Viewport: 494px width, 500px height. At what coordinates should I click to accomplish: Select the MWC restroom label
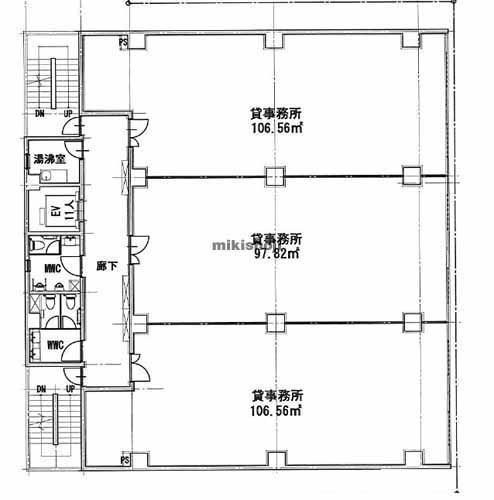(54, 267)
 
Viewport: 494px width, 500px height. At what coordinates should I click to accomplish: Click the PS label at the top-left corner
(123, 42)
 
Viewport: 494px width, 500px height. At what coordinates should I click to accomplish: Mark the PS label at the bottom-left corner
(123, 461)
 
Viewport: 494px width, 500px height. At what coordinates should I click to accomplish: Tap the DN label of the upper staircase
(40, 114)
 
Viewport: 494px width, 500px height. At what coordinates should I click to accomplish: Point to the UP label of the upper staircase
(69, 114)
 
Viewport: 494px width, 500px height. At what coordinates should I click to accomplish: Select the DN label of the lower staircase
(40, 388)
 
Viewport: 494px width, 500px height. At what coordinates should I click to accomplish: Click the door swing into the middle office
(139, 245)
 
